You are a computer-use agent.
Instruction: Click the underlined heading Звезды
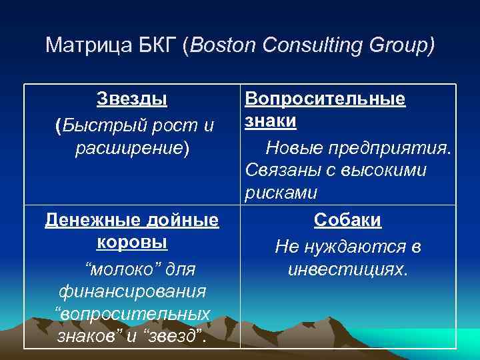(132, 99)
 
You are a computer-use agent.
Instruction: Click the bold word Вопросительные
(325, 99)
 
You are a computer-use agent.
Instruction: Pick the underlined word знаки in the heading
(271, 122)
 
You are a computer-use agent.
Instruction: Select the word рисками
(281, 193)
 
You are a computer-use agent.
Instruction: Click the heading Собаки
(347, 220)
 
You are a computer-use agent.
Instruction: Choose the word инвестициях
(347, 269)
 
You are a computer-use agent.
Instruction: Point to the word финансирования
(132, 291)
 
